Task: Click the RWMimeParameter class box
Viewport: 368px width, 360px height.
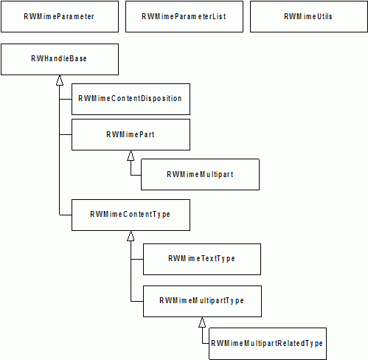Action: [60, 16]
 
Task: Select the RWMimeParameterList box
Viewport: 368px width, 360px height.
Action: [184, 16]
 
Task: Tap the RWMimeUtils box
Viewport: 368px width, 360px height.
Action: [309, 16]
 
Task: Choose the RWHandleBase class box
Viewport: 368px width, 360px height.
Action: [60, 59]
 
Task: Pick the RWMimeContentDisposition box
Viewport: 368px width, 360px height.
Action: [131, 99]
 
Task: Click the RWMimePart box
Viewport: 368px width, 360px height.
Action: [131, 134]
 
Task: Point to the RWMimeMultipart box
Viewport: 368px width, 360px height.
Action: [200, 174]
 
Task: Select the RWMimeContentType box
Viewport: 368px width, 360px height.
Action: [131, 215]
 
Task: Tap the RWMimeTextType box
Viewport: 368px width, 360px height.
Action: [202, 259]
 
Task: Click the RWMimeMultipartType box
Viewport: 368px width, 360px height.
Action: [202, 301]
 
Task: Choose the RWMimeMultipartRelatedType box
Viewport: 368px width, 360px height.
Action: [268, 344]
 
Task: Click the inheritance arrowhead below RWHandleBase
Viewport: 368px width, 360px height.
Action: [60, 80]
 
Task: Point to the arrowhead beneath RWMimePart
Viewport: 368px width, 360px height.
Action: [131, 156]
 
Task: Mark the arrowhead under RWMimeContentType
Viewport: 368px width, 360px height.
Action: [131, 236]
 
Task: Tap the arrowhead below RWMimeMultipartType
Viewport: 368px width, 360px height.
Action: [202, 322]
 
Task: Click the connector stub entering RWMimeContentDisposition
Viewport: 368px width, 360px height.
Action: [66, 100]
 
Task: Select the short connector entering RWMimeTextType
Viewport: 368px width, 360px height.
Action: [137, 259]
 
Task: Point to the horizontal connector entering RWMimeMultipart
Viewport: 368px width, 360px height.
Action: [136, 175]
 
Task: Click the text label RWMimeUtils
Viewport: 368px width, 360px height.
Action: [308, 16]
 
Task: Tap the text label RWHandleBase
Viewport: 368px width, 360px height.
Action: [59, 58]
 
